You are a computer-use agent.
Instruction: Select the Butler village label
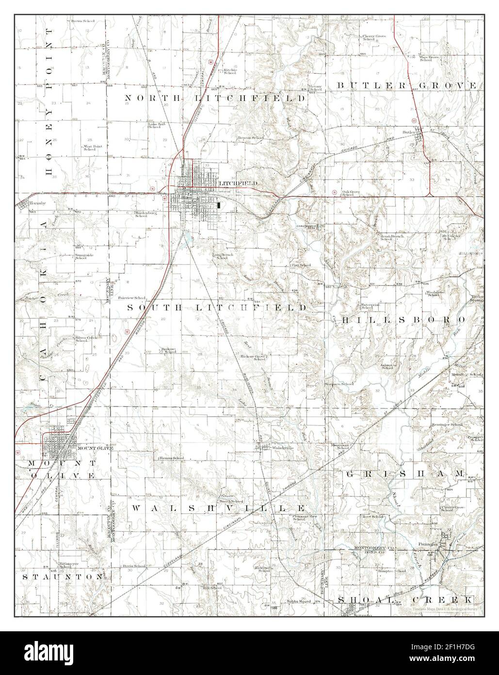[409, 132]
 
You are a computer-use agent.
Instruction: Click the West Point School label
[89, 148]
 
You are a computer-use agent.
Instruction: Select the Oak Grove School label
[353, 193]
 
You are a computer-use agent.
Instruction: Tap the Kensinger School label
[447, 425]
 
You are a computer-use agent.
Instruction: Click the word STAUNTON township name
[64, 577]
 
